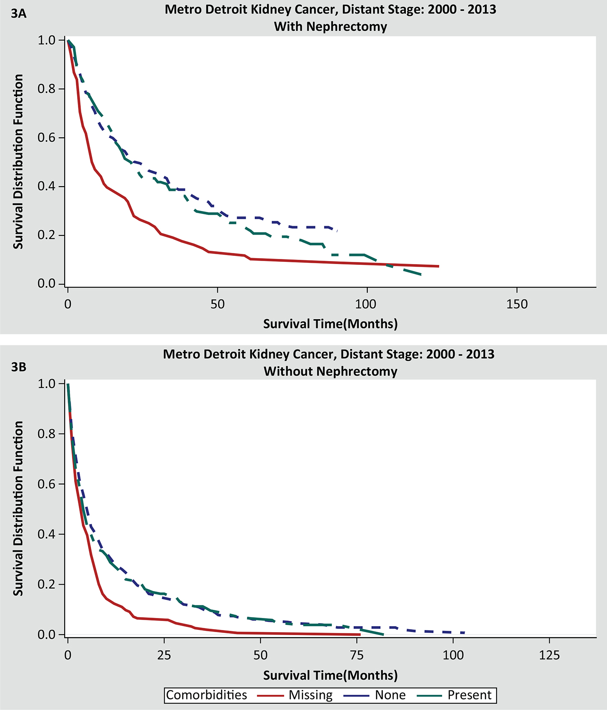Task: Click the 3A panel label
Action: coord(19,14)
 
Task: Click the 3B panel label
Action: coord(19,367)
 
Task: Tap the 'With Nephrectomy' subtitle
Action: coord(330,27)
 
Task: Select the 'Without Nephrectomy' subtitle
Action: coord(330,371)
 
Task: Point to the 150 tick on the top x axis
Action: coord(517,304)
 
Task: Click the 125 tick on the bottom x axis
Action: coord(549,655)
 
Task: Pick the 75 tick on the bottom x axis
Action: coord(356,655)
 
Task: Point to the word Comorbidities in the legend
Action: coord(207,695)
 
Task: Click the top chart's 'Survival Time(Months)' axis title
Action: coord(330,324)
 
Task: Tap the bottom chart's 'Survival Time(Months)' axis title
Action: coord(330,675)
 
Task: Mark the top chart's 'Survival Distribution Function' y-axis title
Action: coord(18,161)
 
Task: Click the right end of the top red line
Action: coord(439,266)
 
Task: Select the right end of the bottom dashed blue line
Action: coord(464,633)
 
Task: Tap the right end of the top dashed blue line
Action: coord(338,230)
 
